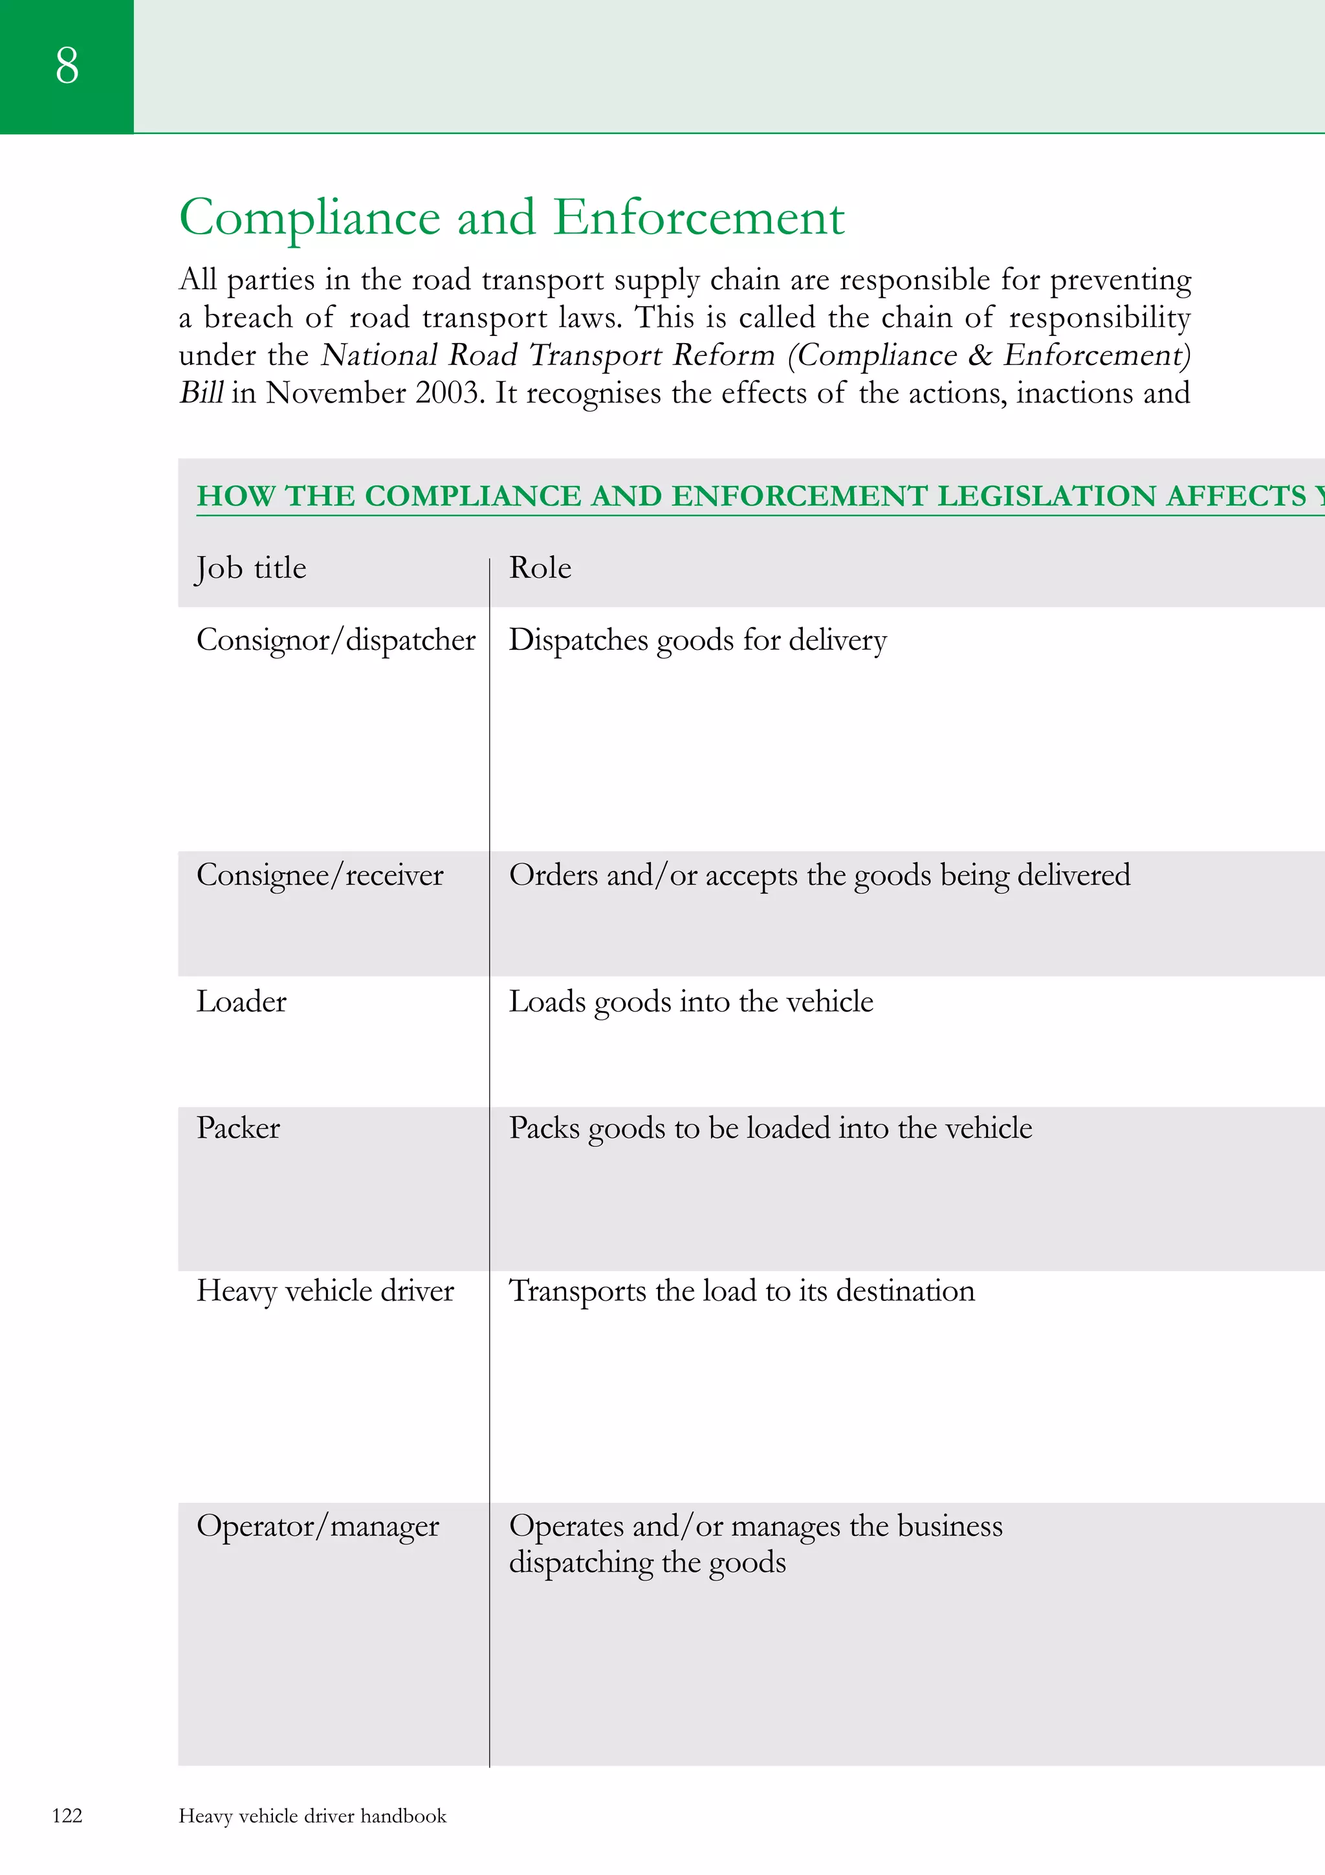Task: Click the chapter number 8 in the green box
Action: coord(67,65)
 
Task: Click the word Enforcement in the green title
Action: coord(699,218)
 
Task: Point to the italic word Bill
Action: coord(201,393)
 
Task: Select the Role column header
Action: coord(540,568)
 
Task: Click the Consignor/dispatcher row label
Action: coord(336,640)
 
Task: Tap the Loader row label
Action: coord(242,1002)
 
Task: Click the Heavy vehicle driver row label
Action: coord(325,1291)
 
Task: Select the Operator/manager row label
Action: coord(318,1526)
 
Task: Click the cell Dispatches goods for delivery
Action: coord(697,640)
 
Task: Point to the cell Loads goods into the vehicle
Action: coord(691,1002)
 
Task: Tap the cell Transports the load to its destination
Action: coord(741,1291)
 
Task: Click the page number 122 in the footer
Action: coord(67,1815)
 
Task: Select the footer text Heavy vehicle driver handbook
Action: coord(312,1816)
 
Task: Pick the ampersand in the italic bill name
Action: coord(979,355)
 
